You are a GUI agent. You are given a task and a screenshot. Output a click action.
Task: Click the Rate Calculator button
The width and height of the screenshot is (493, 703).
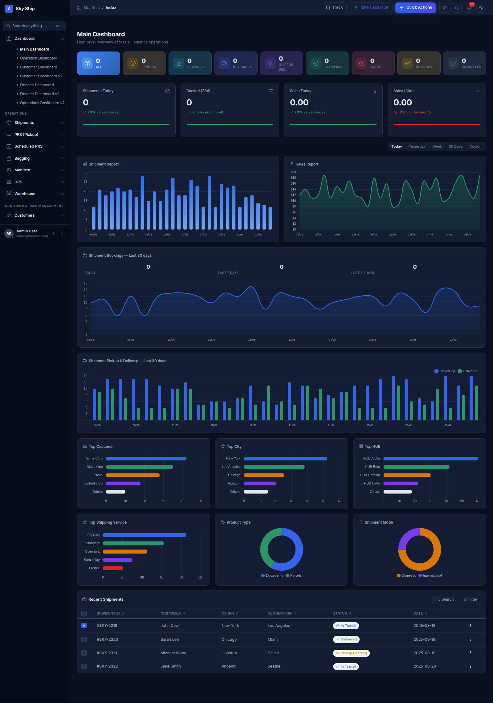pyautogui.click(x=371, y=8)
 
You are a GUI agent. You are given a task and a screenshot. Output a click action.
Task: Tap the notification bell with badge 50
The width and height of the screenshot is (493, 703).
pyautogui.click(x=469, y=8)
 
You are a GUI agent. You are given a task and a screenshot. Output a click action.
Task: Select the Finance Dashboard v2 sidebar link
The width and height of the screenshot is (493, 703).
pyautogui.click(x=39, y=94)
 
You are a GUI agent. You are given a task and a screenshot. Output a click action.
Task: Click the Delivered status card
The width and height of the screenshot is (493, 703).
pyautogui.click(x=327, y=63)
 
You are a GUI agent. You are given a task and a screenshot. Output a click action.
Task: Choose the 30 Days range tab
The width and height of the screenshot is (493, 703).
pyautogui.click(x=455, y=147)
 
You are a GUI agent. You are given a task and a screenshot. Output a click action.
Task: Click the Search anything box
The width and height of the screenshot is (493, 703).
pyautogui.click(x=35, y=26)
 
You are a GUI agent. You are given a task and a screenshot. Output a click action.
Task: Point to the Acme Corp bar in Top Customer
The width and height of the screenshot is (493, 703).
pyautogui.click(x=146, y=459)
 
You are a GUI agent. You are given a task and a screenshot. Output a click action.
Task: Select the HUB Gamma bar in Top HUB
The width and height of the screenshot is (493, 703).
pyautogui.click(x=407, y=475)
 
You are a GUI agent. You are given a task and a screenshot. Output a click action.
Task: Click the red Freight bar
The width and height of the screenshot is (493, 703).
pyautogui.click(x=113, y=568)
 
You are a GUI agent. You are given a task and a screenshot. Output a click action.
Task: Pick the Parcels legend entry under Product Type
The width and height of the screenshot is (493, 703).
pyautogui.click(x=294, y=575)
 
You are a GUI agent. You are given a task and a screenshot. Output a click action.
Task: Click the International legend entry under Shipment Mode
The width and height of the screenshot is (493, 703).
pyautogui.click(x=430, y=575)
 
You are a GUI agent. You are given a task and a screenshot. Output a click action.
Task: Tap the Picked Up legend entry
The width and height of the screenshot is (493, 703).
pyautogui.click(x=445, y=371)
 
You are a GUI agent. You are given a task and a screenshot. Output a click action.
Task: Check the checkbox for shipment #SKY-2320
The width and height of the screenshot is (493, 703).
pyautogui.click(x=84, y=639)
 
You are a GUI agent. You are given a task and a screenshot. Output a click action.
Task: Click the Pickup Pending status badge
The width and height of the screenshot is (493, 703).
pyautogui.click(x=351, y=653)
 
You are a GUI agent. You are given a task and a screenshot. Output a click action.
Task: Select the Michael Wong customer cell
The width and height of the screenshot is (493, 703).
pyautogui.click(x=173, y=653)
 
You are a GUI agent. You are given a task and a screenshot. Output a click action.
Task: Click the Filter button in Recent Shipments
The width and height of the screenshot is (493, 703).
pyautogui.click(x=470, y=599)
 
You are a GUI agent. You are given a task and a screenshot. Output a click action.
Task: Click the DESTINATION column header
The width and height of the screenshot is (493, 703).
pyautogui.click(x=279, y=613)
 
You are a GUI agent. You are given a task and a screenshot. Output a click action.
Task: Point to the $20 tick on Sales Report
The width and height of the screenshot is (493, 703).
pyautogui.click(x=293, y=172)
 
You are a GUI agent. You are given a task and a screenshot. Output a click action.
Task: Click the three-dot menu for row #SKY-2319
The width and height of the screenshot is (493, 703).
pyautogui.click(x=470, y=626)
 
